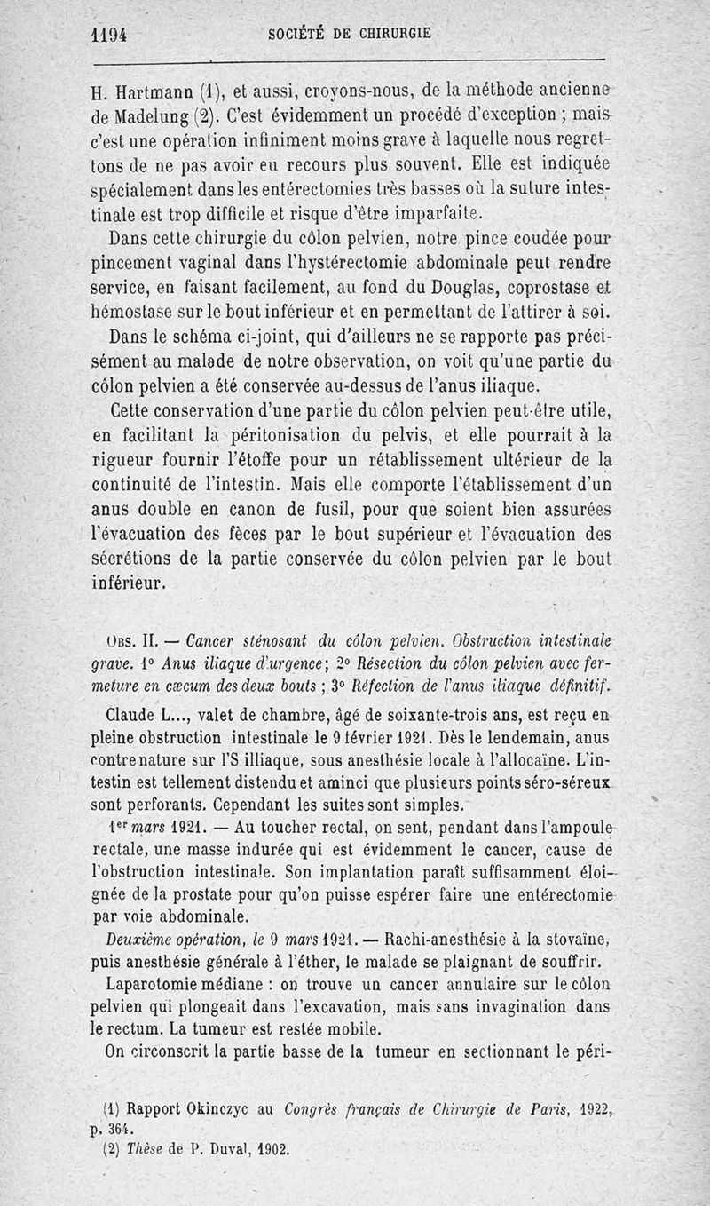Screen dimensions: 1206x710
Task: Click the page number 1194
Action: [110, 35]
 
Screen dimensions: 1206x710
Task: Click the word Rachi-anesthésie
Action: [463, 940]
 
